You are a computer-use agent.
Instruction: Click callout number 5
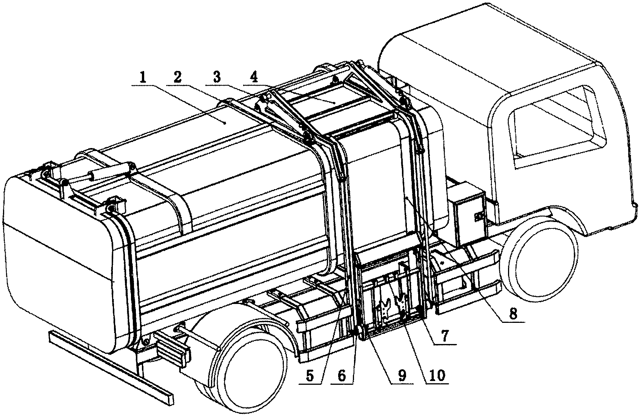point(309,376)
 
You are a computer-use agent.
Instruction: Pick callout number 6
point(342,376)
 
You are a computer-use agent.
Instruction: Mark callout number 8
point(513,314)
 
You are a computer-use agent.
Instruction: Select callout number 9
point(402,376)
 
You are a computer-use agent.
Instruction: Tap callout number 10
point(436,376)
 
